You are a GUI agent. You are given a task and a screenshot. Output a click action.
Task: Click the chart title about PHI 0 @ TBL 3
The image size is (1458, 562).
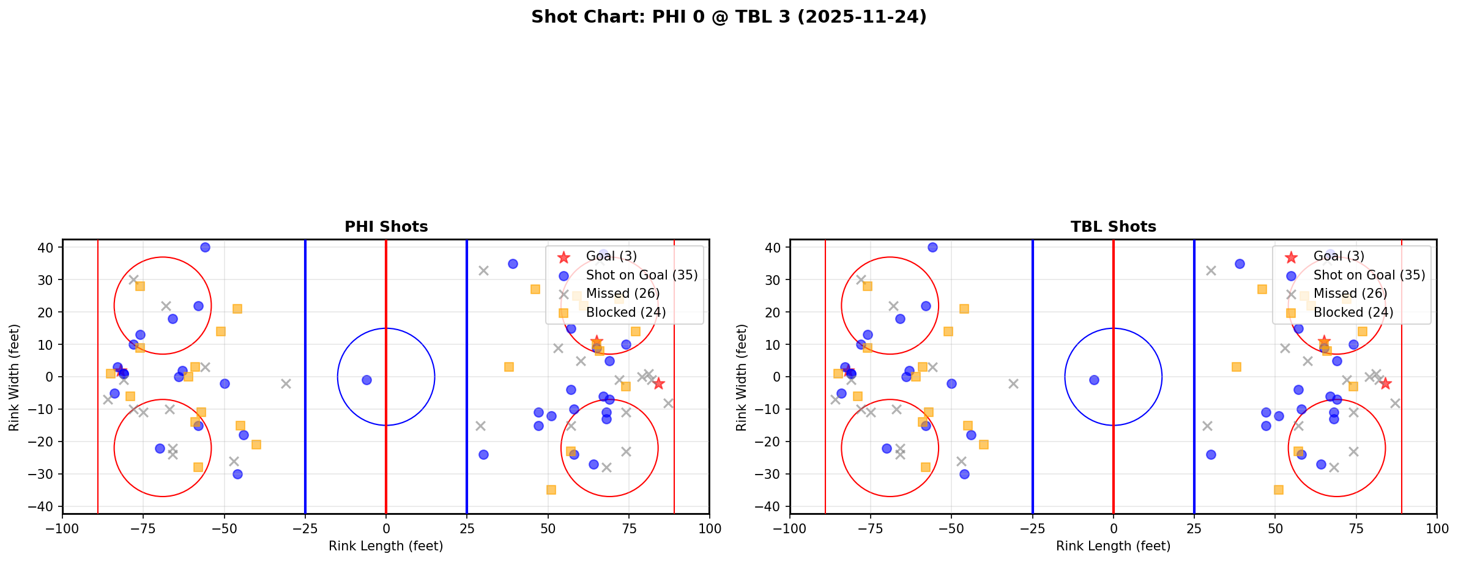(729, 17)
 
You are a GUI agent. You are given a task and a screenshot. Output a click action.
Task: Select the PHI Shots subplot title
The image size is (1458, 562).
(386, 227)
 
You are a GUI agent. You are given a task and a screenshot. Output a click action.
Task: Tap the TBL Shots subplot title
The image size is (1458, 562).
(1113, 227)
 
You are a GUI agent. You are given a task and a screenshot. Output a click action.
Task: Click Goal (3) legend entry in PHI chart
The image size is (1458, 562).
(611, 256)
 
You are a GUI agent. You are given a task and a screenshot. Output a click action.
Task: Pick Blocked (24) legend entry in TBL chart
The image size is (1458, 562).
(1353, 312)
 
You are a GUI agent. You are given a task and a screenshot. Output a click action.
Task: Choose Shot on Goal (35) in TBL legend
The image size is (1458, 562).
(1369, 275)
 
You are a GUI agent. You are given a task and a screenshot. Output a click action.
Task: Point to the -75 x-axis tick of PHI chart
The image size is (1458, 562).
(143, 528)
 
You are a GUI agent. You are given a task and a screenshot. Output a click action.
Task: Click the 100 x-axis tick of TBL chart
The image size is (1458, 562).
(1436, 528)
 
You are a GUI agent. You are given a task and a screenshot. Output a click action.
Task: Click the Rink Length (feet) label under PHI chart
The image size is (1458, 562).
(386, 546)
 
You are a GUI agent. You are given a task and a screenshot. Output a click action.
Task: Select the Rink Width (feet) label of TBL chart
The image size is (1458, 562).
(742, 377)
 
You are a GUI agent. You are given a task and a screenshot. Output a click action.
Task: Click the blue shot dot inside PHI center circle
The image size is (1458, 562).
(366, 380)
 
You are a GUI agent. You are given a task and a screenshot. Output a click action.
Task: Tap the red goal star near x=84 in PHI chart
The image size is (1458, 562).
(658, 383)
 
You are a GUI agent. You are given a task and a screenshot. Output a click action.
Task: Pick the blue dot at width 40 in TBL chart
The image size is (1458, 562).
(932, 248)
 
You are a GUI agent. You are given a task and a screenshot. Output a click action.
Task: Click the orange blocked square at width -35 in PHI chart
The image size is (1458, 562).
(551, 490)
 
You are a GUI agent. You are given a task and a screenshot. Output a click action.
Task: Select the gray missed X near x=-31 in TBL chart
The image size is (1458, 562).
(1013, 383)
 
